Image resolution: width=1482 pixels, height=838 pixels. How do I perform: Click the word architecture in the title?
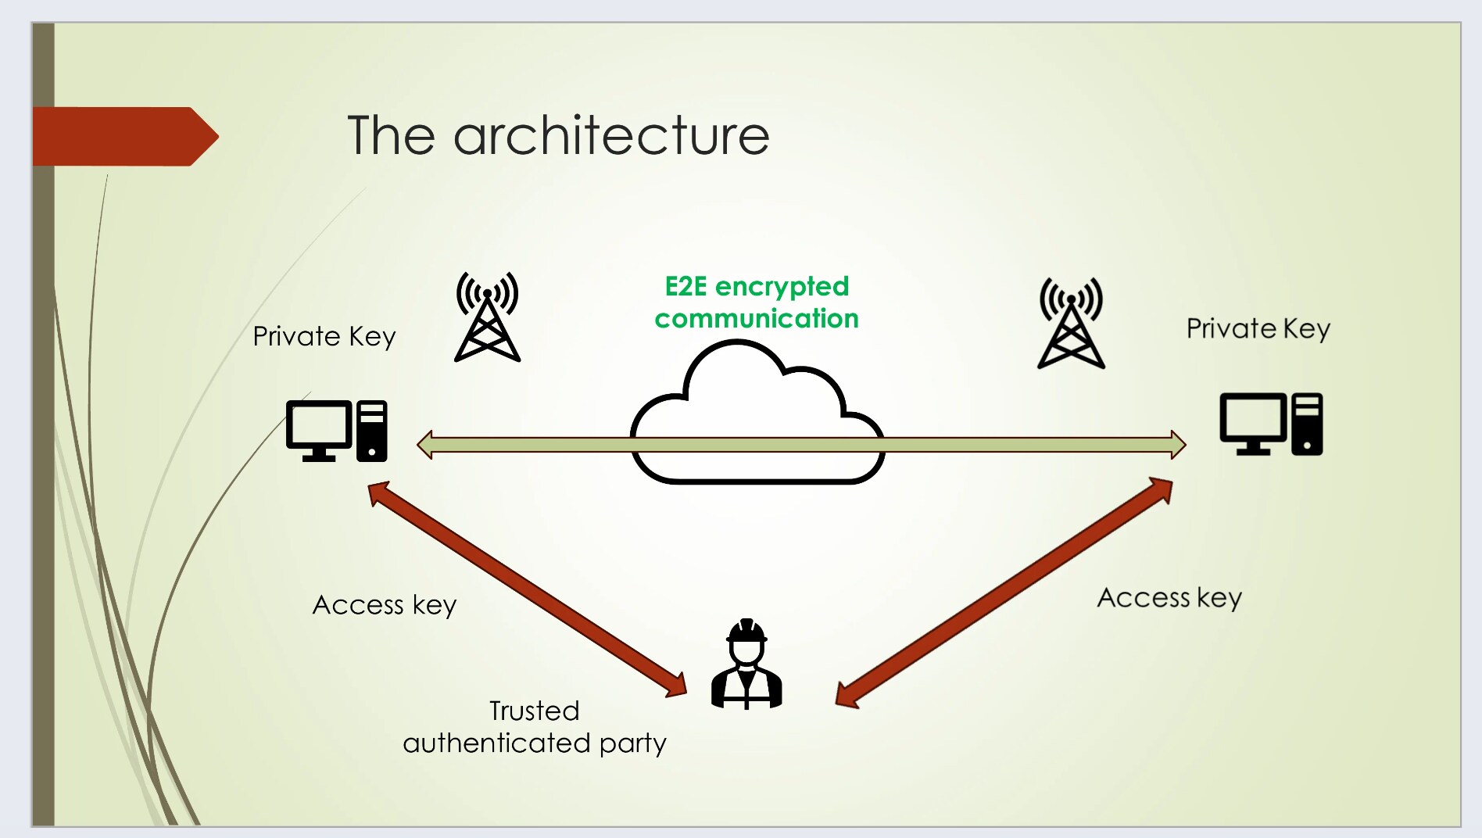point(611,135)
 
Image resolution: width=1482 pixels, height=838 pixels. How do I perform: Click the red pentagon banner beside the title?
point(121,136)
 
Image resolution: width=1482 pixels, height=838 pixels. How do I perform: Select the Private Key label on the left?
point(324,337)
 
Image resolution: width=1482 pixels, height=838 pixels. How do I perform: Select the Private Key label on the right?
point(1257,329)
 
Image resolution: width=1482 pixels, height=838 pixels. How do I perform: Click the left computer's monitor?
point(319,427)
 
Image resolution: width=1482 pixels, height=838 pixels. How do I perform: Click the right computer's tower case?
point(1307,424)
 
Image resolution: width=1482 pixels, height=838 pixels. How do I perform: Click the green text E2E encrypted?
point(756,286)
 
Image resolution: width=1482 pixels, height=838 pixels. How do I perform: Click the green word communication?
point(756,319)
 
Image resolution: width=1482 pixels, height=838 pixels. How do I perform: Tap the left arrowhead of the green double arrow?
point(425,445)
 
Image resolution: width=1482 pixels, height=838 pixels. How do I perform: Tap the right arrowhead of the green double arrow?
point(1178,445)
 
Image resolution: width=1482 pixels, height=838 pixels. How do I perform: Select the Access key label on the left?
point(384,605)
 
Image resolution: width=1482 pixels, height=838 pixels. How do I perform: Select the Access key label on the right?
point(1169,598)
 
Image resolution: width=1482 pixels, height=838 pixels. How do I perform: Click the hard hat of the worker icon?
point(746,630)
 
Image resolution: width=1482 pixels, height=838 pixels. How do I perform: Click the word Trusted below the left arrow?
point(534,711)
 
